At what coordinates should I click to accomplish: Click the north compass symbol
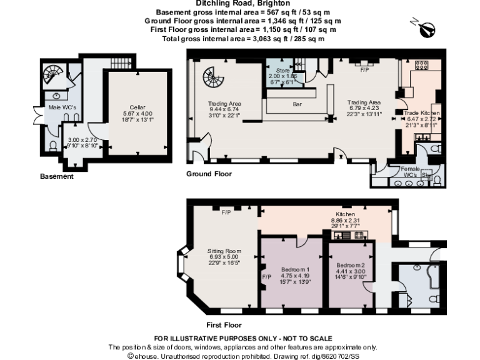[x=427, y=28]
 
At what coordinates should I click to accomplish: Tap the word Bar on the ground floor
[x=297, y=104]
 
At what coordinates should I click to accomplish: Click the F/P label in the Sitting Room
[x=226, y=212]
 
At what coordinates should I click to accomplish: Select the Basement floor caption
[x=57, y=176]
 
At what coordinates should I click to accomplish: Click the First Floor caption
[x=224, y=325]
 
